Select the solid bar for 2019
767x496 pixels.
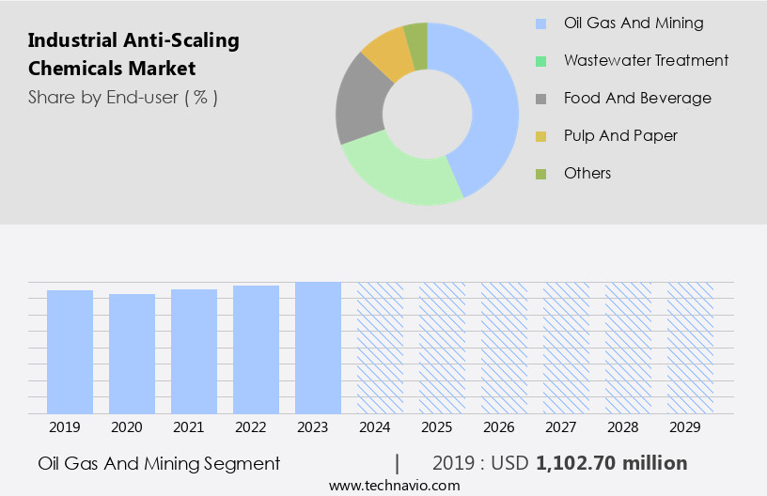(x=70, y=351)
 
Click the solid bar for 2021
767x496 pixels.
(x=194, y=350)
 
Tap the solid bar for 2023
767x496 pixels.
(x=318, y=348)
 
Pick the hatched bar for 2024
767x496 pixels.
(x=380, y=348)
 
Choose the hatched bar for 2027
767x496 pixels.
(x=566, y=348)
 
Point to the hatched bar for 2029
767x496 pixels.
(x=690, y=348)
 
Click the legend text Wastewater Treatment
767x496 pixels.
(x=646, y=60)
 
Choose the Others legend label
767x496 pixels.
(x=587, y=173)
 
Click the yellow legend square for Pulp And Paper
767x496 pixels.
(x=540, y=136)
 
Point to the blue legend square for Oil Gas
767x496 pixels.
(x=540, y=23)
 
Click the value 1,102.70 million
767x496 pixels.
(x=611, y=463)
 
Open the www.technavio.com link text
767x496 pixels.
(x=394, y=486)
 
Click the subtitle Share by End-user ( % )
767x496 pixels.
(x=123, y=97)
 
